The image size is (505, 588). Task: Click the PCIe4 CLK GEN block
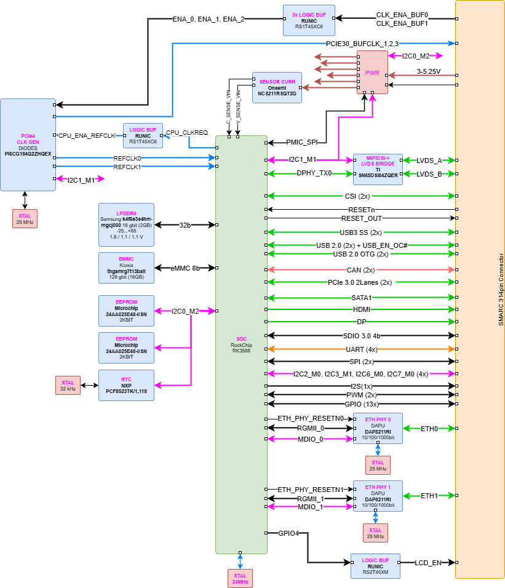(28, 145)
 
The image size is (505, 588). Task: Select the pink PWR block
(372, 73)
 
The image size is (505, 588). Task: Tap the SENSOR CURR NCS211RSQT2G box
(277, 87)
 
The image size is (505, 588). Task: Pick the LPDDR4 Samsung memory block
(126, 224)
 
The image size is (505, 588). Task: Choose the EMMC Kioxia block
(126, 268)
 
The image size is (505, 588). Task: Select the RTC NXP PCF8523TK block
(126, 384)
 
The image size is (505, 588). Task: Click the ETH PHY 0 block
(378, 428)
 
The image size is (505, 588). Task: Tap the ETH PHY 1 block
(378, 496)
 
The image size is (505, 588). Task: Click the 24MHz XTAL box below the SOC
(240, 578)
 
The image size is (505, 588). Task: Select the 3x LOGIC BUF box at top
(309, 20)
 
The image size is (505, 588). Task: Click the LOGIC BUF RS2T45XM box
(375, 566)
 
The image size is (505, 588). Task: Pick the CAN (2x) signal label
(360, 270)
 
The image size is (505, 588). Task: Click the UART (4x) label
(362, 349)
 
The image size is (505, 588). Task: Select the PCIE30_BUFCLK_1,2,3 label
(362, 44)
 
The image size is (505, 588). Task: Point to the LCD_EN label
(428, 563)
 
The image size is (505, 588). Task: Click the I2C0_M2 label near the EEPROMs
(185, 311)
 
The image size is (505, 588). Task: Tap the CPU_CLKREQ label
(187, 132)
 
